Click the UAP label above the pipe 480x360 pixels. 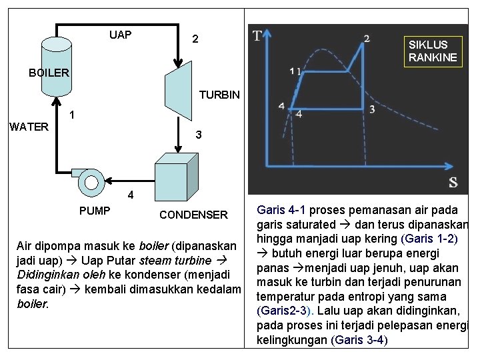coord(120,35)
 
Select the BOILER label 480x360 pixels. coord(49,73)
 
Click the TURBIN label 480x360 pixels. coord(219,95)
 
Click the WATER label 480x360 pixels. coord(29,127)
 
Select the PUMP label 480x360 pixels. coord(95,211)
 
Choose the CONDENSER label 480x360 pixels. coord(193,215)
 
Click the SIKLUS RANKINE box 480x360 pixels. coord(433,51)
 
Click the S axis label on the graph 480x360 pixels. coord(453,181)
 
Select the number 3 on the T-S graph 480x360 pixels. coord(371,109)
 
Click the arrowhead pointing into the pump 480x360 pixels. coord(109,178)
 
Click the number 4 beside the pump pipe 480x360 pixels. coord(131,196)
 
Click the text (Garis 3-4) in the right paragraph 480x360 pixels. coord(358,340)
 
